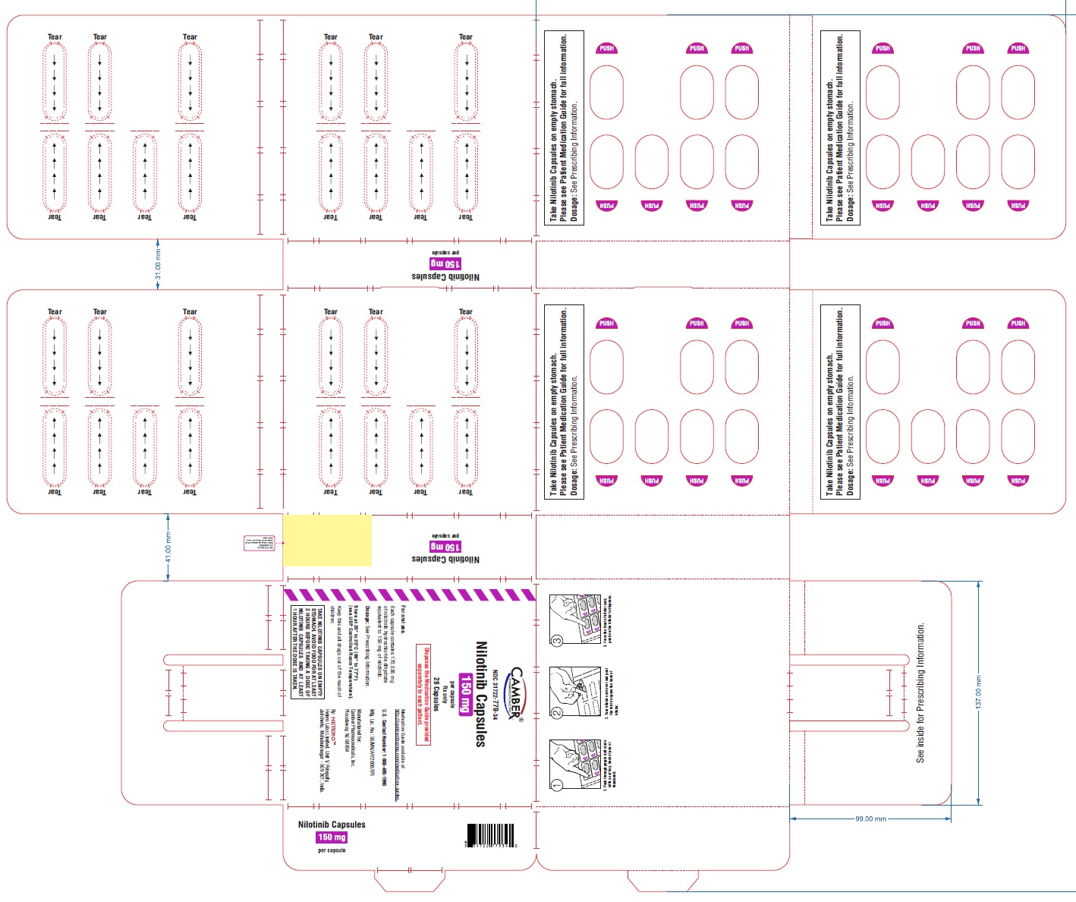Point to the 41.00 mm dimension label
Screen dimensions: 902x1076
click(x=168, y=547)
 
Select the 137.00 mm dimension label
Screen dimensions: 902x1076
click(x=979, y=692)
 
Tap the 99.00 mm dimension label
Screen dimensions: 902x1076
click(x=870, y=819)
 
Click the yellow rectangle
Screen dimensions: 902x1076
click(x=327, y=540)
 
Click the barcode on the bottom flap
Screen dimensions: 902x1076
click(x=490, y=835)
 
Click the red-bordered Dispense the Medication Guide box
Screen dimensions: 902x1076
click(x=423, y=694)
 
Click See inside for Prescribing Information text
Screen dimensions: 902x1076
click(x=920, y=692)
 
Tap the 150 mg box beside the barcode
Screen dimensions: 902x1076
click(x=332, y=837)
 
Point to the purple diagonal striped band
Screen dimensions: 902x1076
click(x=410, y=594)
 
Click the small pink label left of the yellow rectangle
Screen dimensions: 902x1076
click(x=259, y=543)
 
